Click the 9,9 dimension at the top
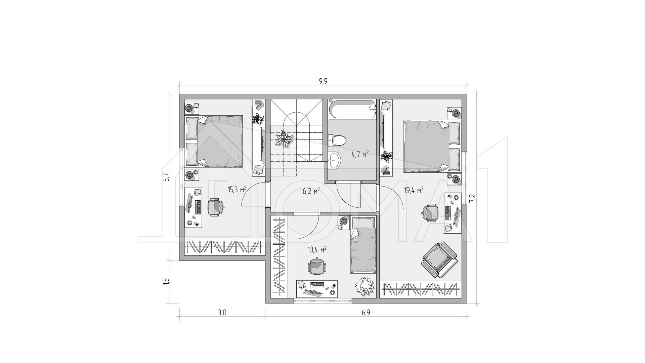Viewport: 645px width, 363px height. point(323,81)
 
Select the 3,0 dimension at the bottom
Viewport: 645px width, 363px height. point(222,313)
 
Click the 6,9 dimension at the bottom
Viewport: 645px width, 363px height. point(366,313)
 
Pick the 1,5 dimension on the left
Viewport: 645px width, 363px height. point(166,281)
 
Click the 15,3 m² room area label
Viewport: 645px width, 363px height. point(237,190)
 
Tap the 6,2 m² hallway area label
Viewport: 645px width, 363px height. point(311,192)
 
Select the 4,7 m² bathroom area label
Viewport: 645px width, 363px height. point(360,155)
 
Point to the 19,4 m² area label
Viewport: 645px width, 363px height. point(413,191)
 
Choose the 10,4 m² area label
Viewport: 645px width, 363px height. point(317,250)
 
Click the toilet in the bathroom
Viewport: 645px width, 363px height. point(336,140)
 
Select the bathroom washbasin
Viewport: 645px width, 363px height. point(335,160)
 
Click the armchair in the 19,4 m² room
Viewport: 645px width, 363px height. point(439,260)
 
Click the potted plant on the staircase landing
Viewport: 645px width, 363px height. point(284,139)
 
